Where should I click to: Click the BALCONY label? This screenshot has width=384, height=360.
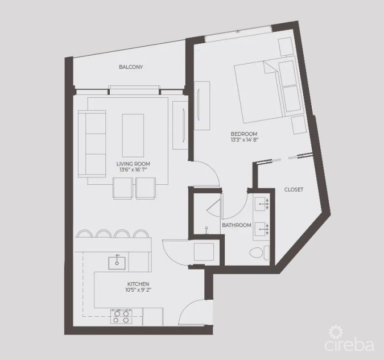[131, 67]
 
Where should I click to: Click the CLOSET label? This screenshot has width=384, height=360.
[294, 189]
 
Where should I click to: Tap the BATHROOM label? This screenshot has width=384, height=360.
[237, 225]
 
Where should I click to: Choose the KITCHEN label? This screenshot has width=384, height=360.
[138, 284]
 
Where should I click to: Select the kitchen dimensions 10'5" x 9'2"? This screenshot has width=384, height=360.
[138, 289]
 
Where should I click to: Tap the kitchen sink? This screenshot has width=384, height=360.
[118, 261]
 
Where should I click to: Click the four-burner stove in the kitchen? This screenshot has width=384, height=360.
[121, 316]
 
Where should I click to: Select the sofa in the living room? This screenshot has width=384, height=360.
[92, 143]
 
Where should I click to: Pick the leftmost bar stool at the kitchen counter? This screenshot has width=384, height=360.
[84, 233]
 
